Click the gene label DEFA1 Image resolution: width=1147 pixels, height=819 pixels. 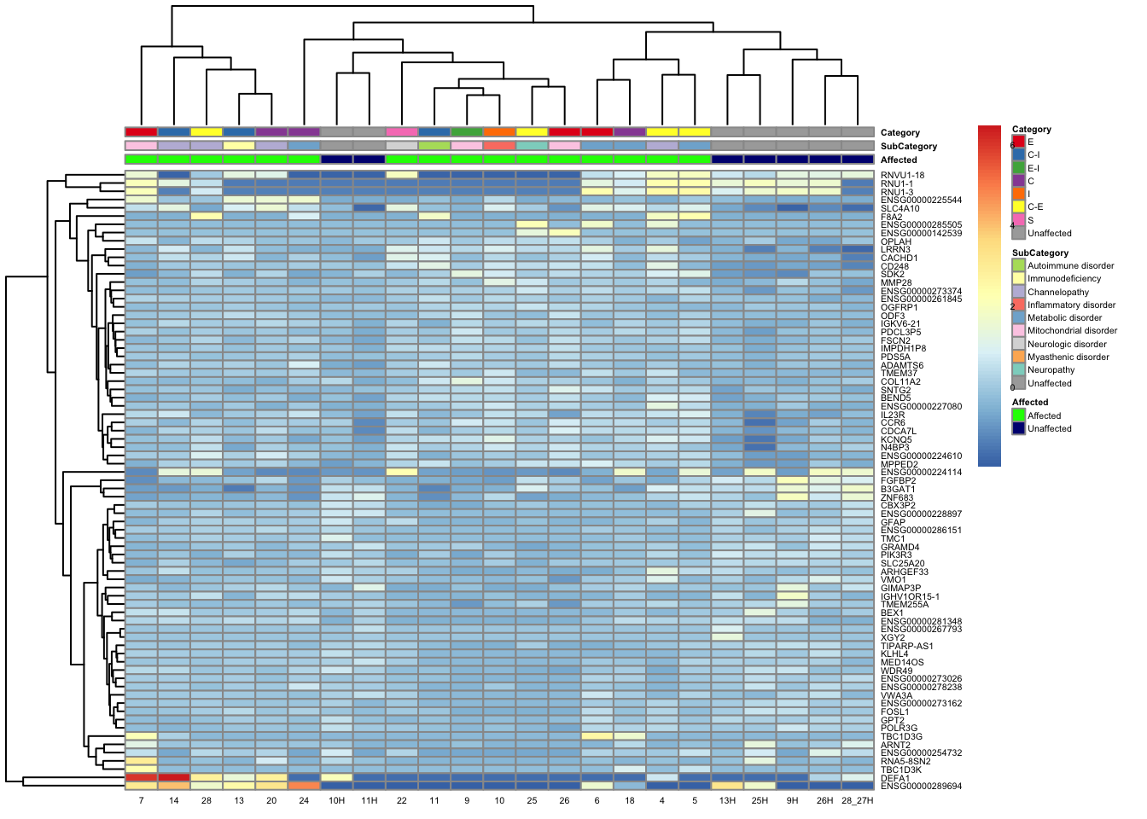click(x=894, y=778)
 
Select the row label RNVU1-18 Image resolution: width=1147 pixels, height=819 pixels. click(x=902, y=176)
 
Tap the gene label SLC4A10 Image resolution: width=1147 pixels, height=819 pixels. click(x=900, y=208)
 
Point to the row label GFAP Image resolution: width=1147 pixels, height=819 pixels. click(x=892, y=522)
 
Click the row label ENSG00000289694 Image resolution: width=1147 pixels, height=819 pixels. click(x=921, y=786)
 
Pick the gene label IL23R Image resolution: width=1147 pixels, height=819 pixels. click(x=893, y=415)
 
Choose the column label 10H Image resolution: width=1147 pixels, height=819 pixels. click(x=336, y=801)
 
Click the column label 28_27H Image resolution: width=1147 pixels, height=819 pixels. click(x=857, y=801)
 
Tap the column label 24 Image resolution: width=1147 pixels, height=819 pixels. click(x=304, y=801)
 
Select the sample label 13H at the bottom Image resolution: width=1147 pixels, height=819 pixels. click(x=727, y=801)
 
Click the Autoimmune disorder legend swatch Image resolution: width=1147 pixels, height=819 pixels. click(x=1018, y=266)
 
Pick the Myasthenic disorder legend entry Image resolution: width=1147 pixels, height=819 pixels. click(x=1068, y=357)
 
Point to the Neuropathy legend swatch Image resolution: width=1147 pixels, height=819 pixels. click(x=1018, y=370)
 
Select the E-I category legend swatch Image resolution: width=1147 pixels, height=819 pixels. click(x=1018, y=168)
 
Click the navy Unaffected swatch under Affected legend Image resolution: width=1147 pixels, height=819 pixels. click(x=1018, y=428)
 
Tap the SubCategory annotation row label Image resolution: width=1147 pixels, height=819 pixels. click(x=908, y=147)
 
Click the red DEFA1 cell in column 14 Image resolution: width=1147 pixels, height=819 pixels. click(x=173, y=777)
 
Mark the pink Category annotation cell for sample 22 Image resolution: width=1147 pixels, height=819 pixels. click(x=402, y=132)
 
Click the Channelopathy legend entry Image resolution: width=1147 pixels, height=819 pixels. click(x=1057, y=292)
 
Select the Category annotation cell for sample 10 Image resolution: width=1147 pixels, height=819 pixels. click(x=499, y=132)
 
